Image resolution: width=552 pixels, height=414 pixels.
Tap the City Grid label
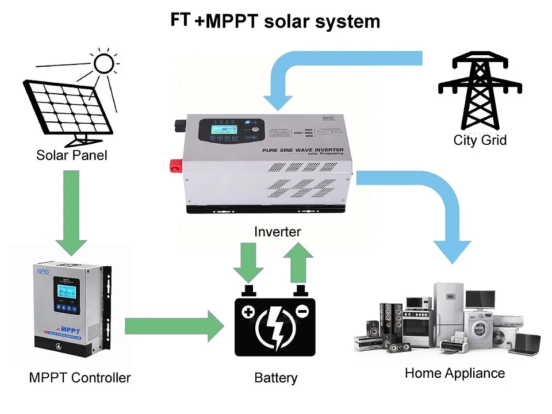480,140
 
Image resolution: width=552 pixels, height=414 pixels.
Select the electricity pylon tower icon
480,91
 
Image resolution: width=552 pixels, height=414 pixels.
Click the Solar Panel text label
71,155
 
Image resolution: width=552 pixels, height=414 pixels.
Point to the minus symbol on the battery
302,311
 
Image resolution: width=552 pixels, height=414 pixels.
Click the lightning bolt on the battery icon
275,331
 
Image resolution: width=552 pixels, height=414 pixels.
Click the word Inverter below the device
278,232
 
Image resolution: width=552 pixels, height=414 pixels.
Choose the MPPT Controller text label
79,378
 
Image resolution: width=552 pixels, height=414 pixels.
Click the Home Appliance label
454,373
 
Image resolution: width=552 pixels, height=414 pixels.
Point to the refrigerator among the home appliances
448,313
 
